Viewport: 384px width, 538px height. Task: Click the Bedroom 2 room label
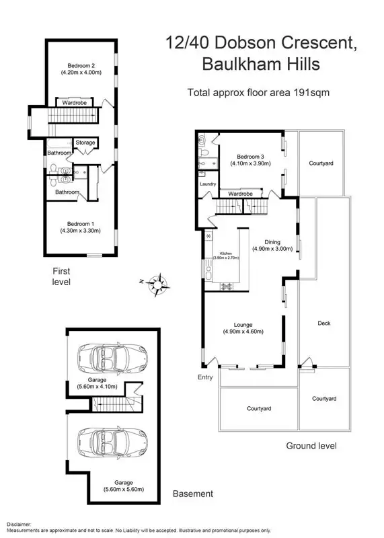(80, 65)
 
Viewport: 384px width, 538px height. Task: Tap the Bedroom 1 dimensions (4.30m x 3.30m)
(80, 231)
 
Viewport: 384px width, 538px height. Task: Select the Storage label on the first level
(85, 143)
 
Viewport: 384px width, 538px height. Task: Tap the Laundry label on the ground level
(207, 184)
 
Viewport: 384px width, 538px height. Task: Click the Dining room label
(272, 242)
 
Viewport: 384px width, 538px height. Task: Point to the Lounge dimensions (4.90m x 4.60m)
(243, 331)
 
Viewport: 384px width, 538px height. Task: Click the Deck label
(323, 323)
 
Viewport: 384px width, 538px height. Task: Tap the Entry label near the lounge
(205, 377)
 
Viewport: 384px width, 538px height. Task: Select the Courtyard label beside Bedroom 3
(321, 163)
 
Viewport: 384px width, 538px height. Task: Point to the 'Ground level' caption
(311, 446)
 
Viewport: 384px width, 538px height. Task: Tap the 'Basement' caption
(193, 494)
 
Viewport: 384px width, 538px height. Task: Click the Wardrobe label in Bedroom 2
(74, 103)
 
